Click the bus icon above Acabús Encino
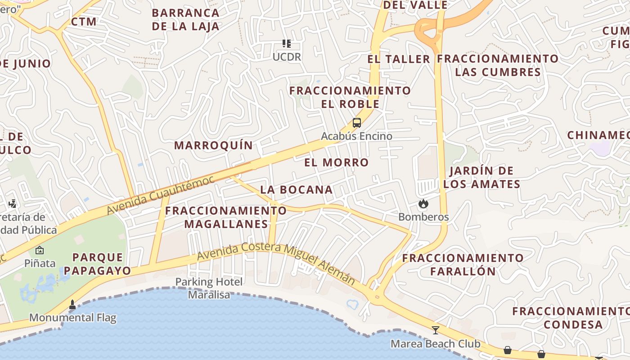(x=357, y=122)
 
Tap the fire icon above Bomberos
(x=423, y=204)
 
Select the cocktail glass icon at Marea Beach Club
(x=435, y=330)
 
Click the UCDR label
(x=287, y=57)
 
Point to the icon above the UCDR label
(x=287, y=44)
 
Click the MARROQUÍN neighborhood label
(x=214, y=145)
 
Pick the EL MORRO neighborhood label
(x=337, y=162)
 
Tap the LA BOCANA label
(x=297, y=190)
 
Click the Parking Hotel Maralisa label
(x=209, y=288)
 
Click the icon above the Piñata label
(x=40, y=250)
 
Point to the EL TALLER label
(x=399, y=59)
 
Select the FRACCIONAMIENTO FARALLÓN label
(x=463, y=265)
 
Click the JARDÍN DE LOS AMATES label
(x=481, y=177)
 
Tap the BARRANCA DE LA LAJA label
(x=185, y=19)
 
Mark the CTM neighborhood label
(x=84, y=22)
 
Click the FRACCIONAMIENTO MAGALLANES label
(x=226, y=217)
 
